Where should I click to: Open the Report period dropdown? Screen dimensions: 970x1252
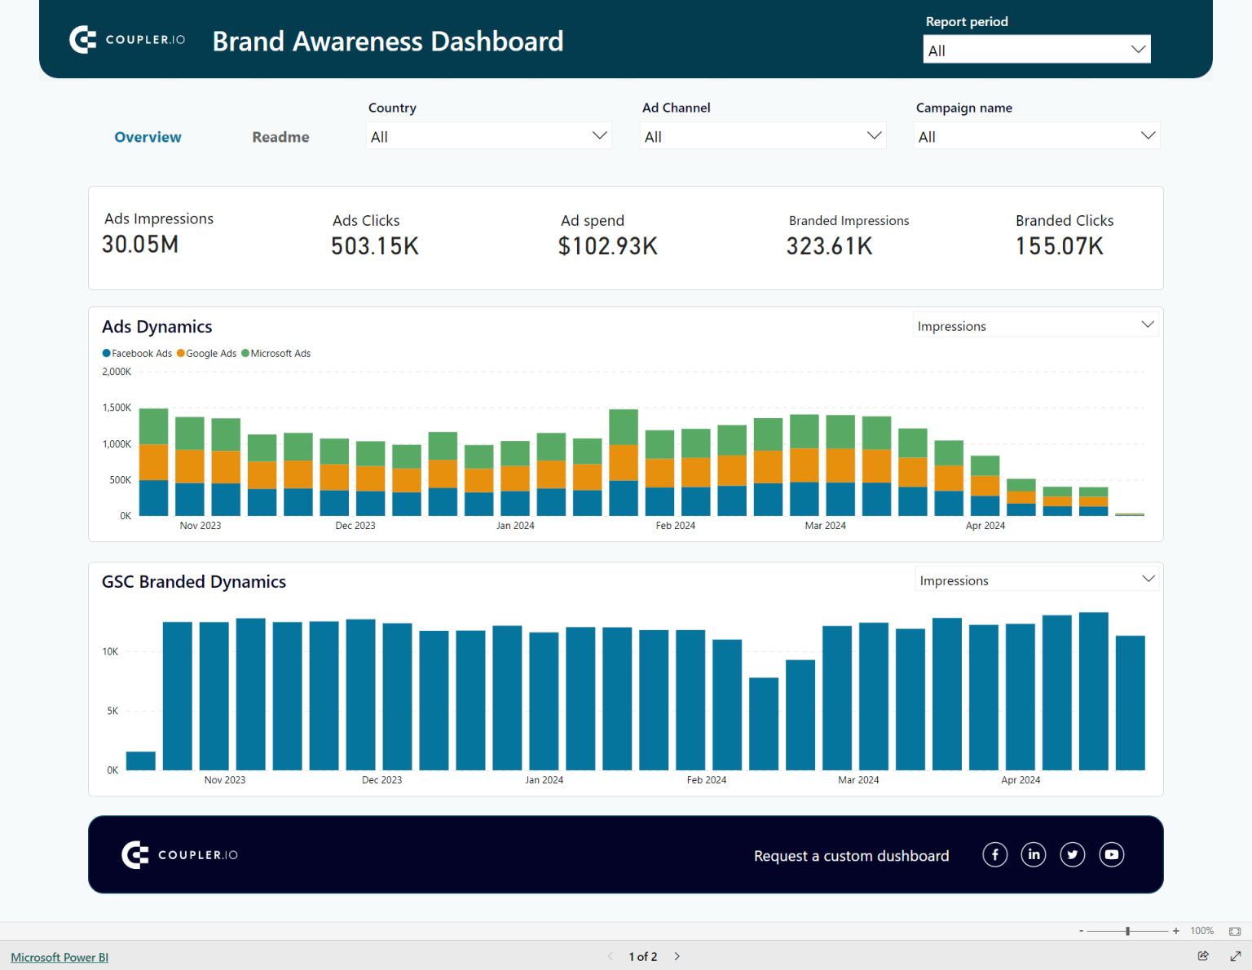pos(1036,50)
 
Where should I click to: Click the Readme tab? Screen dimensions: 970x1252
pos(280,137)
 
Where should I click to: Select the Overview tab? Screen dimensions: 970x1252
pos(148,137)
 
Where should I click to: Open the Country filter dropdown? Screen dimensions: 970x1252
pos(488,136)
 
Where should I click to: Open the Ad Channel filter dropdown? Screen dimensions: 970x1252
pos(762,136)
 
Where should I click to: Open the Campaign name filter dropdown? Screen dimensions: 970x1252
pos(1036,136)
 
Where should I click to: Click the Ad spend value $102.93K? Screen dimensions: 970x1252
pos(607,246)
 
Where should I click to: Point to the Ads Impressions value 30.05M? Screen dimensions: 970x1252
pos(140,245)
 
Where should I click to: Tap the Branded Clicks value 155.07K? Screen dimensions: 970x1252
pos(1059,246)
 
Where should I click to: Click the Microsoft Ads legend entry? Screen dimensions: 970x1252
pos(280,354)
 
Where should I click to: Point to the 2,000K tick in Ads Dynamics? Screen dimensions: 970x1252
pos(117,372)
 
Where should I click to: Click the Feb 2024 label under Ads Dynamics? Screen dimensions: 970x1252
pos(675,526)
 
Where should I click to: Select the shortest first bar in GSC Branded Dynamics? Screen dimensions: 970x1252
pos(141,761)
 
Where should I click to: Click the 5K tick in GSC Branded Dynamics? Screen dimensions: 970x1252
pos(112,711)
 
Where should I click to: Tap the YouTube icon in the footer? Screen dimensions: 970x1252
pos(1111,854)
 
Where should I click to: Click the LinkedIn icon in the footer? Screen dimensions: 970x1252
pos(1034,854)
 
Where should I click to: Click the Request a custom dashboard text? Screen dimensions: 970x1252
pos(851,856)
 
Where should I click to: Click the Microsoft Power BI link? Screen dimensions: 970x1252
pos(60,957)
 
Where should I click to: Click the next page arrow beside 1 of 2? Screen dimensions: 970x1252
pos(677,956)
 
